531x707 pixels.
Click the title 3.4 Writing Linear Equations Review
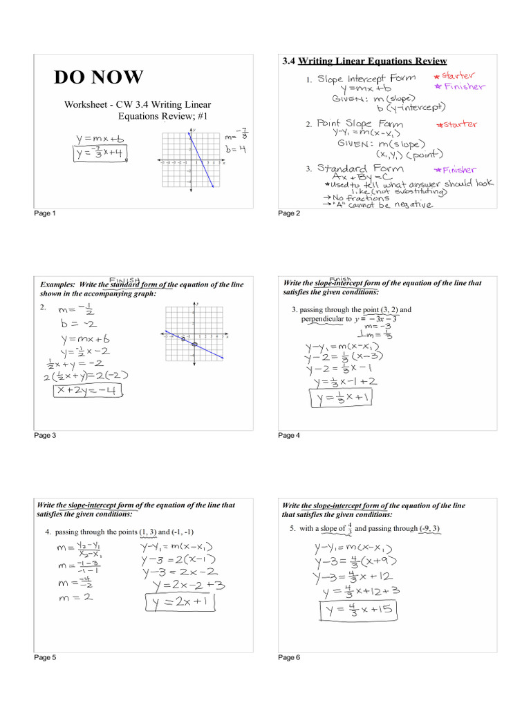364,61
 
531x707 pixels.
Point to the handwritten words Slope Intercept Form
366,79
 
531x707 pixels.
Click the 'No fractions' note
361,197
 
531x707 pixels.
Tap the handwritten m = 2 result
73,597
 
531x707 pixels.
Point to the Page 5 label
46,658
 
